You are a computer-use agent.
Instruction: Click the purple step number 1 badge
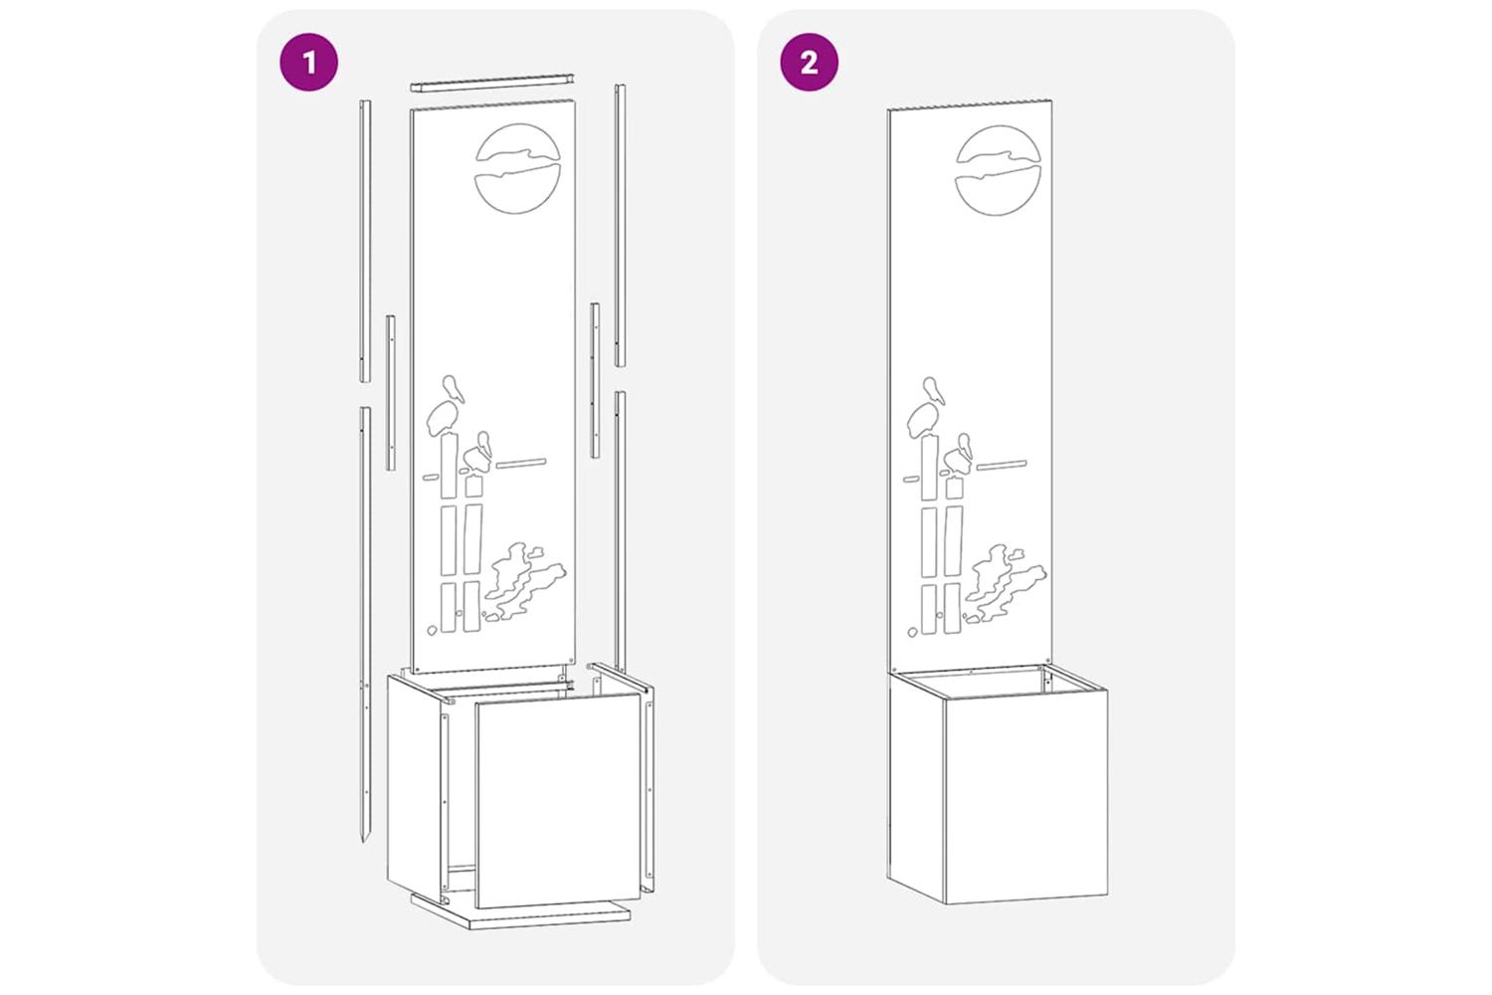click(308, 63)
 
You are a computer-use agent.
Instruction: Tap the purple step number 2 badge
click(810, 63)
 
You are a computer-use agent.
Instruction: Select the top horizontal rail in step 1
click(491, 83)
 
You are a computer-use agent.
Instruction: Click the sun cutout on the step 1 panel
click(518, 169)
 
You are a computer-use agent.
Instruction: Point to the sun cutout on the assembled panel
click(998, 170)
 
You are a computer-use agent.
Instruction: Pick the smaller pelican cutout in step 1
click(478, 453)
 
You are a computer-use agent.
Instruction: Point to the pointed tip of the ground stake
click(364, 842)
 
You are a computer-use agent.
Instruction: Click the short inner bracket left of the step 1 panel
click(390, 393)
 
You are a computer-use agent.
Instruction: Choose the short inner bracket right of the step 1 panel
click(595, 380)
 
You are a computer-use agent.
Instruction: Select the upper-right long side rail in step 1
click(620, 225)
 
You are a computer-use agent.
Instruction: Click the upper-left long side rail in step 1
click(365, 241)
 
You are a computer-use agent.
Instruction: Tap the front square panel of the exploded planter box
click(558, 800)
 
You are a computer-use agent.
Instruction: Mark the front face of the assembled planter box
click(1026, 796)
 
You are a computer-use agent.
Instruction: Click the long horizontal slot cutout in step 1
click(521, 464)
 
